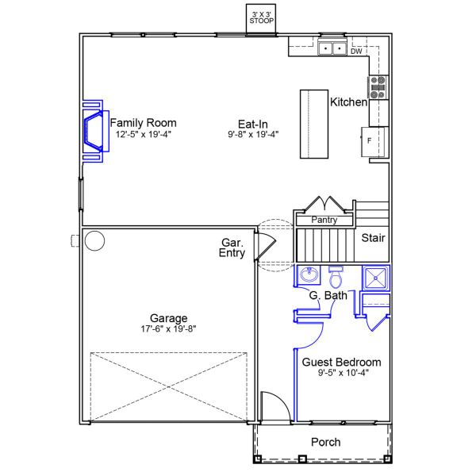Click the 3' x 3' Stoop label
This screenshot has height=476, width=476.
[x=261, y=18]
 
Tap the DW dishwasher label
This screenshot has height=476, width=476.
[x=356, y=52]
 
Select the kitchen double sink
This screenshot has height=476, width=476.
[x=332, y=48]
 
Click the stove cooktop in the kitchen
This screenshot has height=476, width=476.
[x=378, y=87]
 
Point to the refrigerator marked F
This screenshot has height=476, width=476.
[x=374, y=141]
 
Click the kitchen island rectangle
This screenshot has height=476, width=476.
[x=314, y=124]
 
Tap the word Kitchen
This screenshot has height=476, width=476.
[x=349, y=102]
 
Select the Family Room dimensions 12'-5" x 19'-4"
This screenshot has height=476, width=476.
[x=144, y=134]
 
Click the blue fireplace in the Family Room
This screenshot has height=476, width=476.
[x=95, y=131]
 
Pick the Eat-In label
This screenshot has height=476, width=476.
[x=252, y=124]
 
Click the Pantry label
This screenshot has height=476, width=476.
[x=324, y=220]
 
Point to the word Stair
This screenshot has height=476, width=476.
[x=373, y=238]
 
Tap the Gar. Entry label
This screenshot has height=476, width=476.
[x=232, y=248]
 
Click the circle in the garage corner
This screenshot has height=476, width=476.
[x=94, y=240]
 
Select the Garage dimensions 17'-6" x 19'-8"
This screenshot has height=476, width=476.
[x=168, y=328]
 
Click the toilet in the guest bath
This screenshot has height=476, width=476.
[x=336, y=277]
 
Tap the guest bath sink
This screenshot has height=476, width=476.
[x=309, y=274]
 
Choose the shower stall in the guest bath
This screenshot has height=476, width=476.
[x=376, y=278]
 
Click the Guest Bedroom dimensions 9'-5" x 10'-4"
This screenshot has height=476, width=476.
[x=343, y=373]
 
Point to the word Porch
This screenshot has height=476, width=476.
[x=326, y=442]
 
